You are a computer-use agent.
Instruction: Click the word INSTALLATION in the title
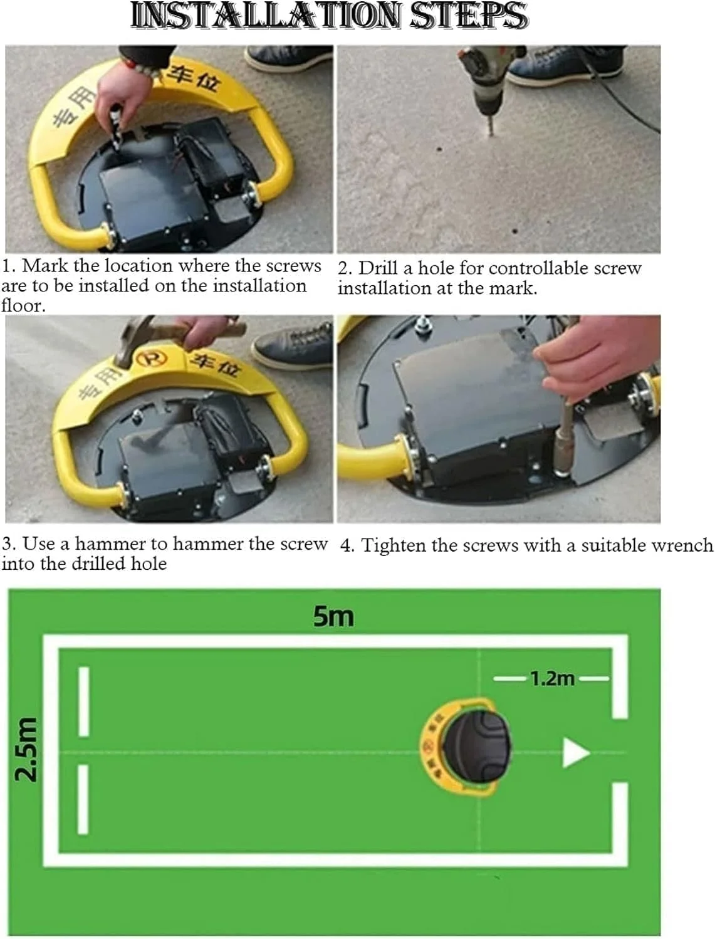[x=266, y=16]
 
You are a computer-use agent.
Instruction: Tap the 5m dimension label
[x=333, y=616]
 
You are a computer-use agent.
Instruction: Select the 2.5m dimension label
[x=26, y=748]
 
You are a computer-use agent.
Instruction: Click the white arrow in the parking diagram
[x=576, y=752]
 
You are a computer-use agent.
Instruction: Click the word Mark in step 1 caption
[x=45, y=266]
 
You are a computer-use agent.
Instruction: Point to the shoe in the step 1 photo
[x=289, y=58]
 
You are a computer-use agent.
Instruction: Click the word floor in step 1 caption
[x=23, y=305]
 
